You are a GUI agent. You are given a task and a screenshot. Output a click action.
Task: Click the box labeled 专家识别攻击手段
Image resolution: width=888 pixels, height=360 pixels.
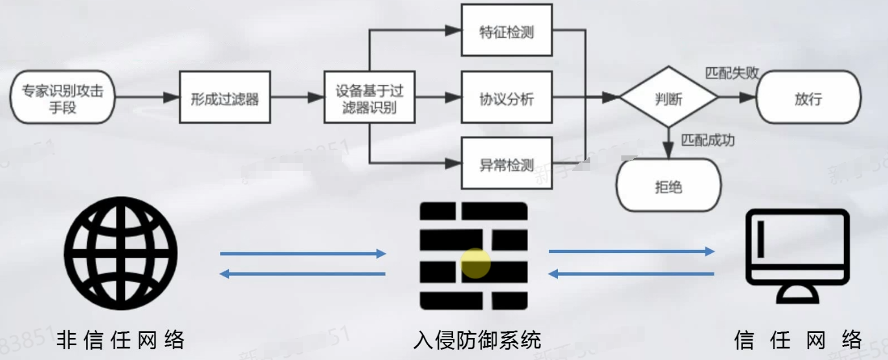(x=63, y=98)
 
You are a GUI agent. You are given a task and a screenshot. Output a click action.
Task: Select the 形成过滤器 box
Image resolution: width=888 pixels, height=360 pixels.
(x=224, y=98)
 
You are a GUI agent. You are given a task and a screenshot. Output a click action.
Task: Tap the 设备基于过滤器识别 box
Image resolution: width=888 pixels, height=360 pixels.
(x=369, y=98)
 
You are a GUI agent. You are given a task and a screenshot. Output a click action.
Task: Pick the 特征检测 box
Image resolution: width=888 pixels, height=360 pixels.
(x=507, y=30)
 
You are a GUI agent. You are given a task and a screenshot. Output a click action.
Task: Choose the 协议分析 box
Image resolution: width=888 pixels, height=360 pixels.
(x=507, y=98)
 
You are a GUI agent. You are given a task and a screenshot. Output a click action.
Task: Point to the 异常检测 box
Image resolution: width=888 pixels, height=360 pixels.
(x=507, y=164)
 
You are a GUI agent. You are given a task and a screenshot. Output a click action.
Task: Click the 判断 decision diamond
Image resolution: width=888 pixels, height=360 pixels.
(x=669, y=98)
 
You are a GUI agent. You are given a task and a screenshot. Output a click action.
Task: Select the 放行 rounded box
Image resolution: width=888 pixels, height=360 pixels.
(x=808, y=98)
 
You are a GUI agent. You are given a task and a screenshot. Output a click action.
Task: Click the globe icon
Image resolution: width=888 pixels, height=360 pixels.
(x=121, y=253)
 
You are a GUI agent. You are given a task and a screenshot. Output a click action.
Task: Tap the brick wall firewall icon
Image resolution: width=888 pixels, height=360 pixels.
(x=474, y=255)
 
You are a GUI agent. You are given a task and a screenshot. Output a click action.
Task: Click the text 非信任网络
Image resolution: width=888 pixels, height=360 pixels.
(x=121, y=339)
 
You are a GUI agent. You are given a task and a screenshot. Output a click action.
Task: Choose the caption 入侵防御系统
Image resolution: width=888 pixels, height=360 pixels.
(x=477, y=339)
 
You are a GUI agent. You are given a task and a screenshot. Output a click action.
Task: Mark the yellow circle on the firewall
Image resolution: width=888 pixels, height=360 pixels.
(x=476, y=264)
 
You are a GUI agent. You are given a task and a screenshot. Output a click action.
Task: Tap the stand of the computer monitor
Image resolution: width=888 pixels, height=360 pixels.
(x=797, y=295)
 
